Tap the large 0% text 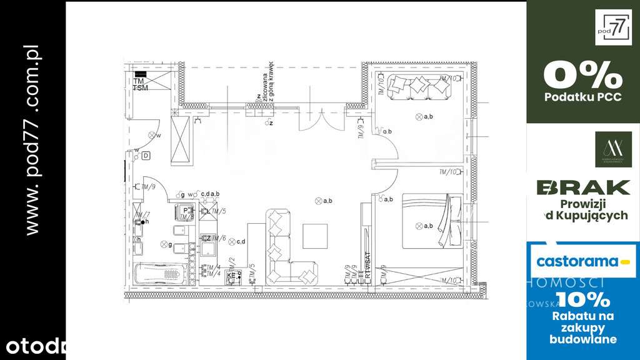tap(582, 76)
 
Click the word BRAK tap(583, 187)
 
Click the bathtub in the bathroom tap(160, 272)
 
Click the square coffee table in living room tap(316, 236)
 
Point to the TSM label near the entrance tap(141, 88)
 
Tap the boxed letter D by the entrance tap(146, 155)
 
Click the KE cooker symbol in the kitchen tap(231, 275)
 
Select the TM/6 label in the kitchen tap(216, 238)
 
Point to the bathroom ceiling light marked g tap(163, 244)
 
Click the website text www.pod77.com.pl tap(33, 141)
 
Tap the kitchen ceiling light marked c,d tap(232, 241)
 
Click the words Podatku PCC tap(582, 97)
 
